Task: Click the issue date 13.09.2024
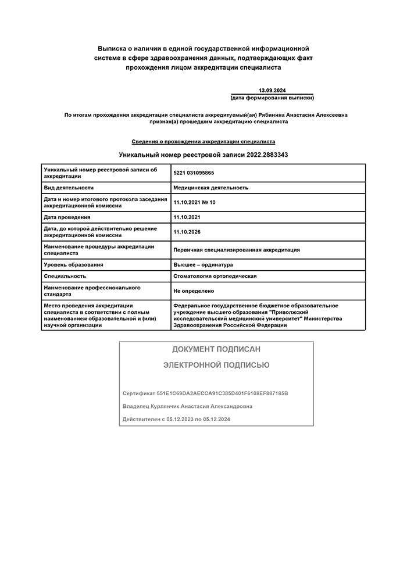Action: click(272, 90)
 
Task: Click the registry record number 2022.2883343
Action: click(267, 155)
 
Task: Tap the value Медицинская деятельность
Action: click(210, 188)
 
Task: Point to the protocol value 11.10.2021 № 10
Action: click(194, 202)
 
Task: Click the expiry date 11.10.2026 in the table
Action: click(188, 232)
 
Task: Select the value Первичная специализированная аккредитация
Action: click(236, 250)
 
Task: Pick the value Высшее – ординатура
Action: click(203, 265)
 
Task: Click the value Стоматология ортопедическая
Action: click(215, 277)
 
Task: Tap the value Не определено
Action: click(194, 290)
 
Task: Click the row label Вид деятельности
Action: click(69, 188)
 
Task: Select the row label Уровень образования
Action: click(73, 265)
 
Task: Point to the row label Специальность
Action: click(65, 277)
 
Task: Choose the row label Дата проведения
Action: click(67, 217)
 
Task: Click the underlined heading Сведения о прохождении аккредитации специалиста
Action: click(203, 141)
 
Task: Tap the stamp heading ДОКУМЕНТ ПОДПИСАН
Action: click(216, 349)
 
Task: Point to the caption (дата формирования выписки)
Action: click(272, 98)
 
